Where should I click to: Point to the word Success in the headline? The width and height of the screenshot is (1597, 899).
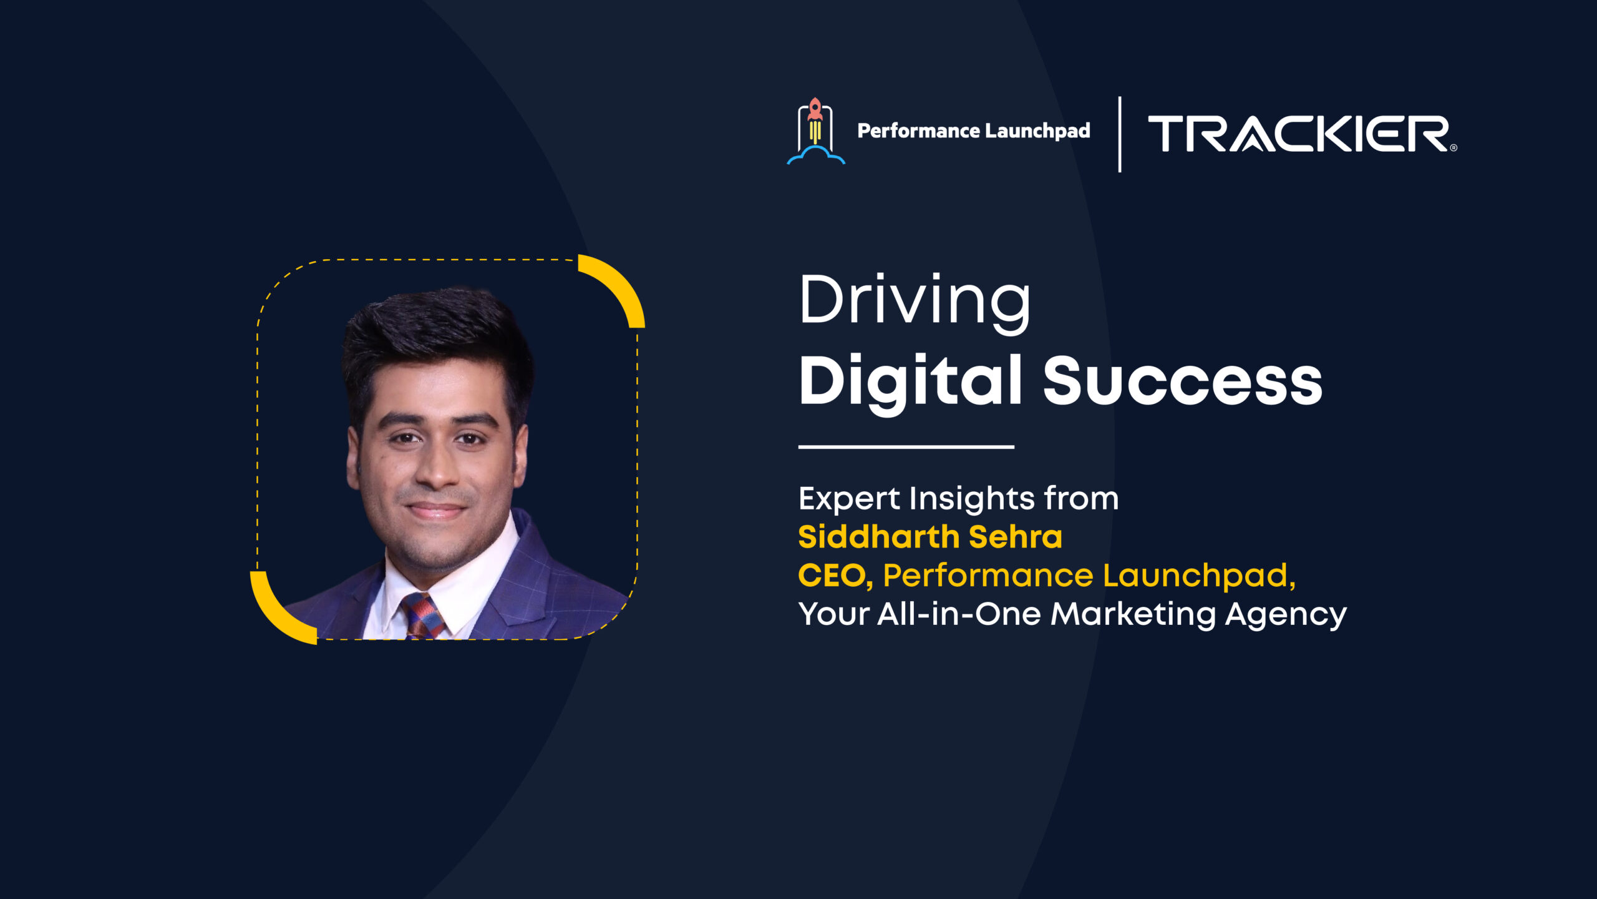pos(1183,381)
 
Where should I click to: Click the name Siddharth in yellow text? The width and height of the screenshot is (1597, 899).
pos(878,537)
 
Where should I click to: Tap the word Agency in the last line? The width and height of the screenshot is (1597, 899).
pos(1286,615)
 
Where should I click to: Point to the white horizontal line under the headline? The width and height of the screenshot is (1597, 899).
pos(906,447)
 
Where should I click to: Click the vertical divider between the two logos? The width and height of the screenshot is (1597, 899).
pos(1120,134)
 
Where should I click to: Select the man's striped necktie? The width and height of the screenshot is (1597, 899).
pos(422,615)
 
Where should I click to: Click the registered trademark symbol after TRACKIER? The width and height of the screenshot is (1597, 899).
pos(1454,148)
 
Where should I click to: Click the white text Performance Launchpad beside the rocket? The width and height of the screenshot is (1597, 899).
pos(974,131)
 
